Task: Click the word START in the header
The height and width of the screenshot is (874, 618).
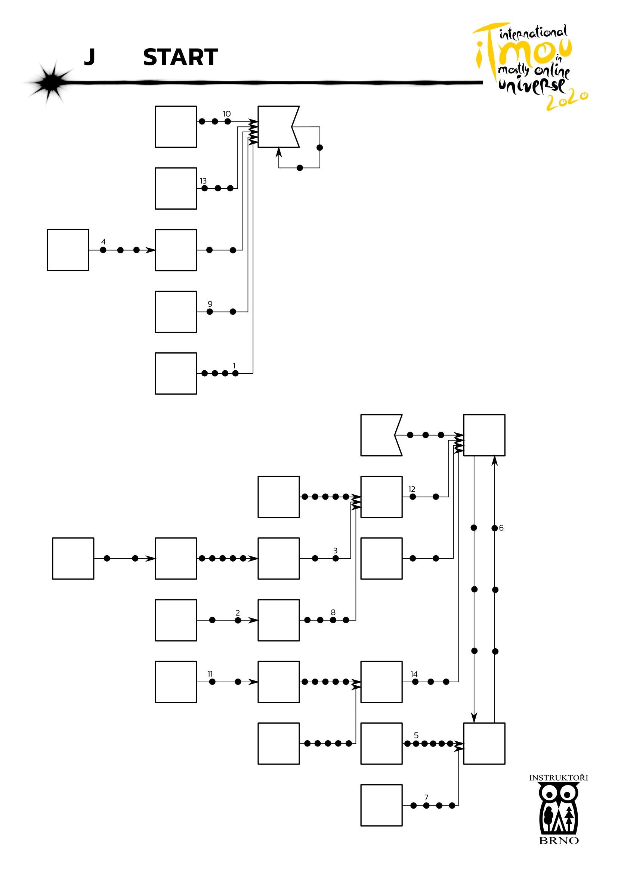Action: [x=180, y=58]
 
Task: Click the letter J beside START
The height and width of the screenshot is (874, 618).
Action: [x=89, y=57]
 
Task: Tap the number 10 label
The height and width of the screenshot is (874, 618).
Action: [x=226, y=114]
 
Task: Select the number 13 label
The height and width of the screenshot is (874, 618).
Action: [x=203, y=181]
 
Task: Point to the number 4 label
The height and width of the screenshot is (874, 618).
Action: [x=103, y=242]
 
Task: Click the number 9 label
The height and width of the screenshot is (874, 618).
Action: [x=210, y=304]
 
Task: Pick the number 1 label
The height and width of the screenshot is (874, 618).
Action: [x=234, y=365]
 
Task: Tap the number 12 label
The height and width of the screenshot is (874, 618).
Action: [x=412, y=489]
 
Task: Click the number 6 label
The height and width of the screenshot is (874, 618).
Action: [x=501, y=528]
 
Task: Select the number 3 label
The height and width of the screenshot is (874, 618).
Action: [x=335, y=551]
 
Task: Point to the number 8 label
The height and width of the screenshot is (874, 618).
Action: [x=333, y=612]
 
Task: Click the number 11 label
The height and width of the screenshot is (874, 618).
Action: [x=210, y=674]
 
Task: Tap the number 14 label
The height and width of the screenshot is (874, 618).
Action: [x=414, y=674]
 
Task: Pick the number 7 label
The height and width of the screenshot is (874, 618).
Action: [x=426, y=797]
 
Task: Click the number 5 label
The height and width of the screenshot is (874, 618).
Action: [x=416, y=735]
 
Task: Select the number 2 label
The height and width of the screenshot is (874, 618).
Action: [x=238, y=613]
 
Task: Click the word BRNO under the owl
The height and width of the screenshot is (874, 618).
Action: [x=559, y=841]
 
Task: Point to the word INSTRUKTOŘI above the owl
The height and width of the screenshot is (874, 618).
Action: [x=558, y=778]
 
